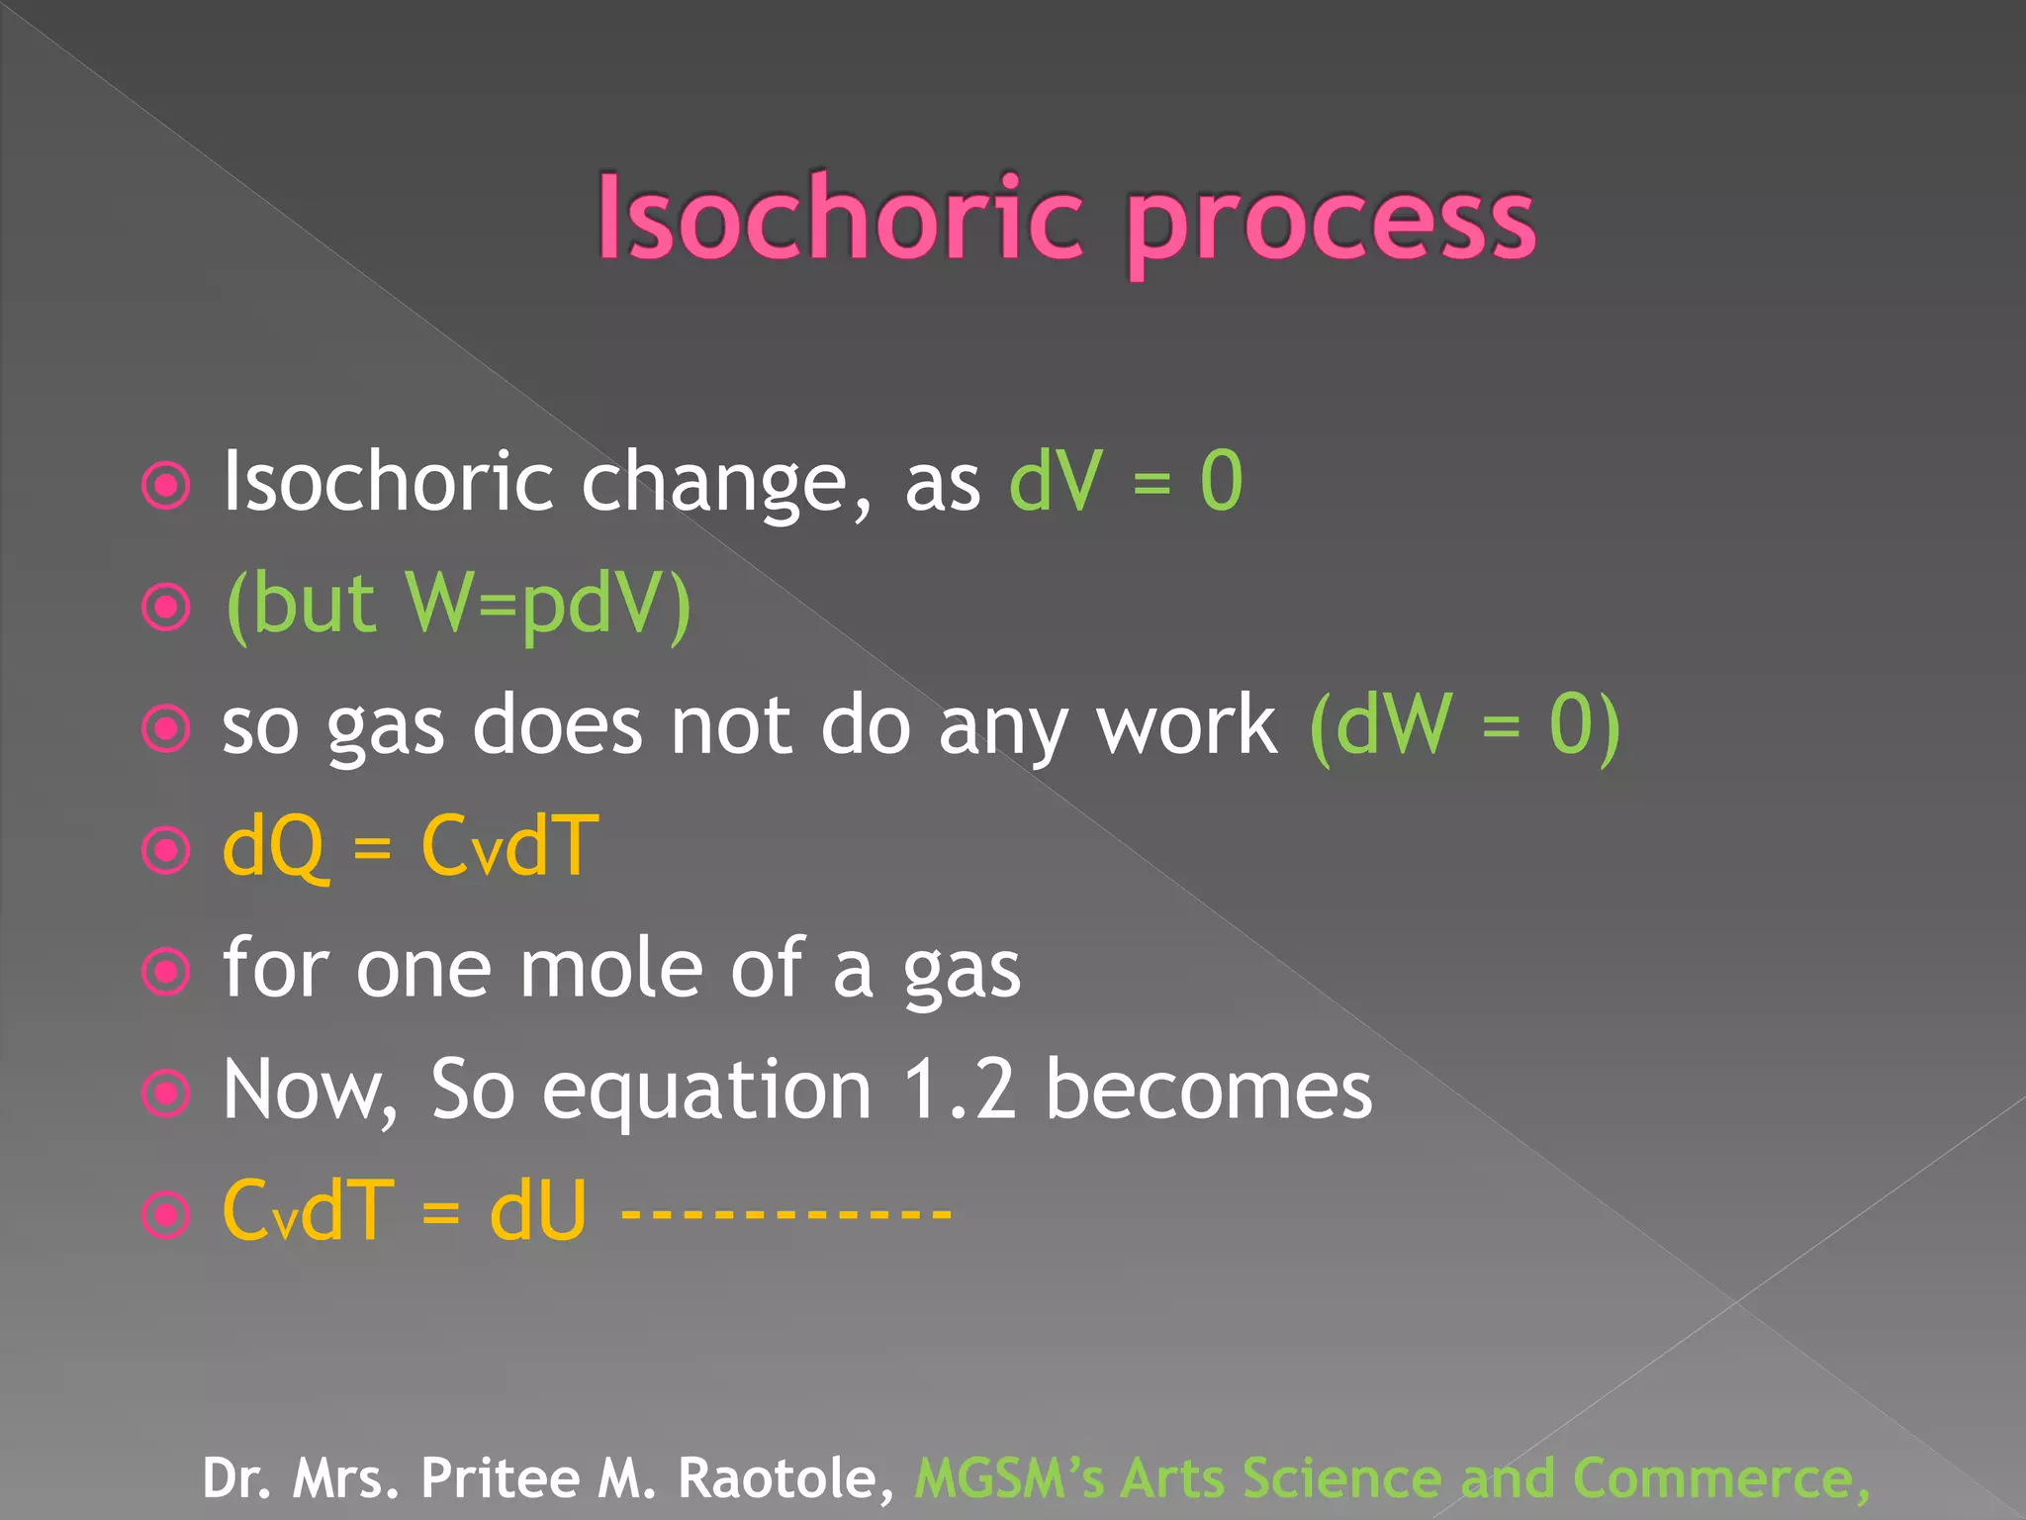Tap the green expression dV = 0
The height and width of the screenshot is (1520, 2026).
[x=1125, y=481]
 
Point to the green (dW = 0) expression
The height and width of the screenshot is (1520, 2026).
[x=1463, y=725]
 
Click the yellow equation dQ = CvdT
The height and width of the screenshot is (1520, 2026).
[x=411, y=847]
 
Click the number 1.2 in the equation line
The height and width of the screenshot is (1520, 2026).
[x=959, y=1090]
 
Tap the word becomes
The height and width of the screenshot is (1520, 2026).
[x=1209, y=1090]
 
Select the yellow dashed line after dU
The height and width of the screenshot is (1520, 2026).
[x=785, y=1211]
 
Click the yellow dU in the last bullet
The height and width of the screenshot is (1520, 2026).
[x=537, y=1211]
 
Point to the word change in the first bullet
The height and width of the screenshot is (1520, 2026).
[x=714, y=483]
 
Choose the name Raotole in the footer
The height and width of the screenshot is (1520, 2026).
[x=785, y=1477]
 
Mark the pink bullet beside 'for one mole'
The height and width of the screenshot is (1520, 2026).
[x=166, y=971]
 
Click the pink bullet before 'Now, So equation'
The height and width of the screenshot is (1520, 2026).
[x=166, y=1092]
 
